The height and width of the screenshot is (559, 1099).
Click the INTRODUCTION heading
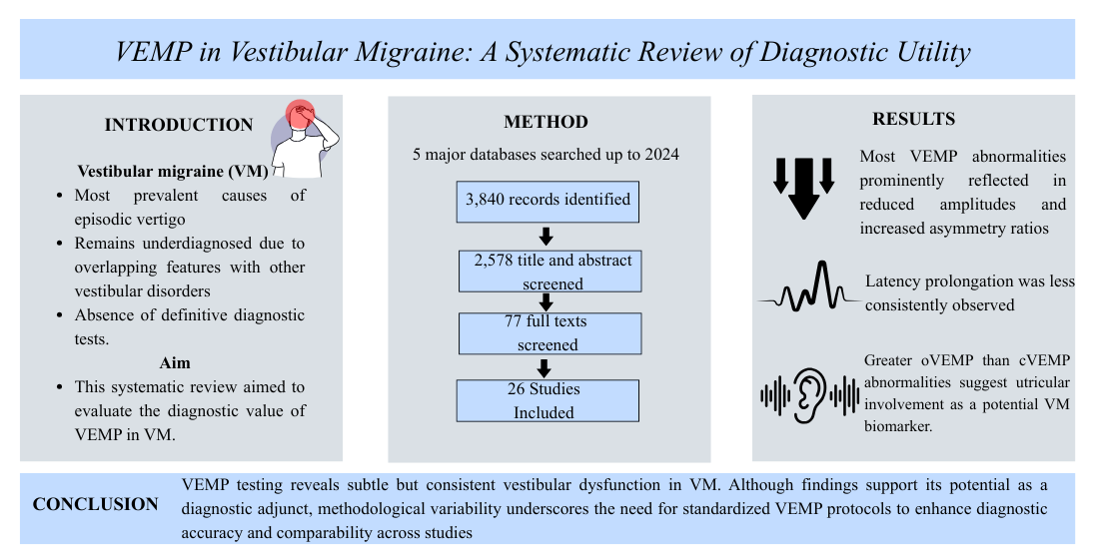pos(179,125)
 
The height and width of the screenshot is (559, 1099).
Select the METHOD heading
pos(546,122)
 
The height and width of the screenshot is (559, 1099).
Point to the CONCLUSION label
pos(95,504)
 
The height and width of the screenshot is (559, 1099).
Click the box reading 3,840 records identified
pos(548,200)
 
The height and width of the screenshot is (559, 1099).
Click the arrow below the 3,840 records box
pos(547,237)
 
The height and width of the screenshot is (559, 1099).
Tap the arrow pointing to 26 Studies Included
pos(547,366)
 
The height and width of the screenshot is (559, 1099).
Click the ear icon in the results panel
pos(809,392)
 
